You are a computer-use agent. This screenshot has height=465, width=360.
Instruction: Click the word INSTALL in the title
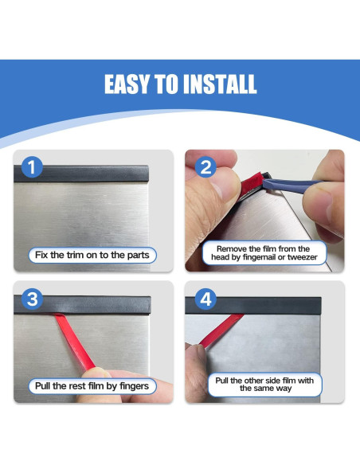(219, 84)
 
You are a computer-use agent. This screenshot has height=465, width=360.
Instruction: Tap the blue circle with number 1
(30, 167)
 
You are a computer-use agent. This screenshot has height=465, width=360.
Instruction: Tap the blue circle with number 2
(205, 167)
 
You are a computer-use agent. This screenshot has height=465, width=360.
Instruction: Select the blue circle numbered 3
(30, 299)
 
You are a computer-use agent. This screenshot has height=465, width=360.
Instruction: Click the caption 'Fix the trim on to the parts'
(92, 256)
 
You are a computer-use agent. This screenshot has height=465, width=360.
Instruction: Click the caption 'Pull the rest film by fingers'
(92, 386)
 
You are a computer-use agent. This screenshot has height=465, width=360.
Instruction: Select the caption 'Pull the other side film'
(264, 385)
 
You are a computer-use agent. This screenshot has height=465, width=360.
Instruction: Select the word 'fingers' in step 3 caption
(132, 386)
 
